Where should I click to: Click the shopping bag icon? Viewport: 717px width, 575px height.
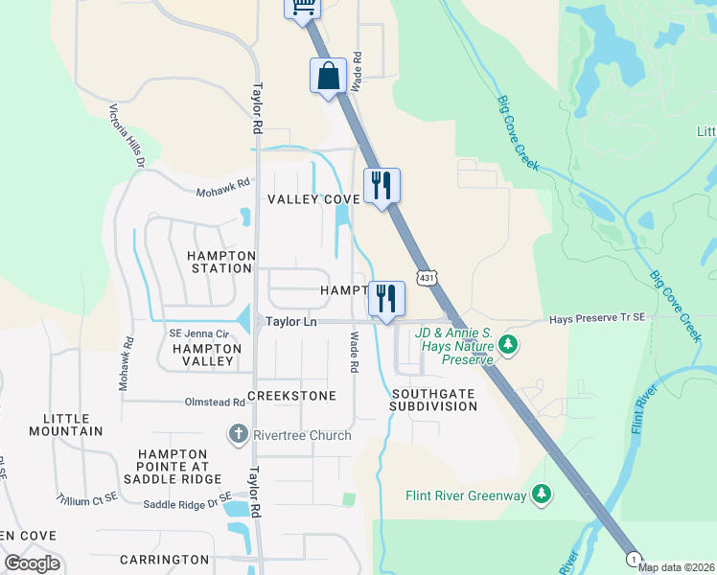(x=328, y=76)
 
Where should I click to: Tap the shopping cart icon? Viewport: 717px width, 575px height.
(x=302, y=6)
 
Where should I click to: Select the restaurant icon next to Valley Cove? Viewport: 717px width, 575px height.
(x=382, y=186)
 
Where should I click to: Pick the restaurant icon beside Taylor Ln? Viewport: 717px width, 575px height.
(x=386, y=298)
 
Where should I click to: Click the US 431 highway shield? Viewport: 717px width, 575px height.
(x=425, y=277)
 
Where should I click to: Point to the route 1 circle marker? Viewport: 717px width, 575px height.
(x=633, y=558)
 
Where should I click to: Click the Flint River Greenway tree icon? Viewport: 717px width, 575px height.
(x=543, y=494)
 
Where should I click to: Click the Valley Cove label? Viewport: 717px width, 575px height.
(x=313, y=199)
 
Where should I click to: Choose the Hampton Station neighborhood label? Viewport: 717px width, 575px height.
(x=220, y=262)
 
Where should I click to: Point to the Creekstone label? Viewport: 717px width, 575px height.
(x=292, y=396)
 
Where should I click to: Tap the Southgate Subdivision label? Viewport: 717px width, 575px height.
(x=433, y=400)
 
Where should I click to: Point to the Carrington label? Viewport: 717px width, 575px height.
(x=165, y=559)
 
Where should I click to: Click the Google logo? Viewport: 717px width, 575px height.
(x=33, y=563)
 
